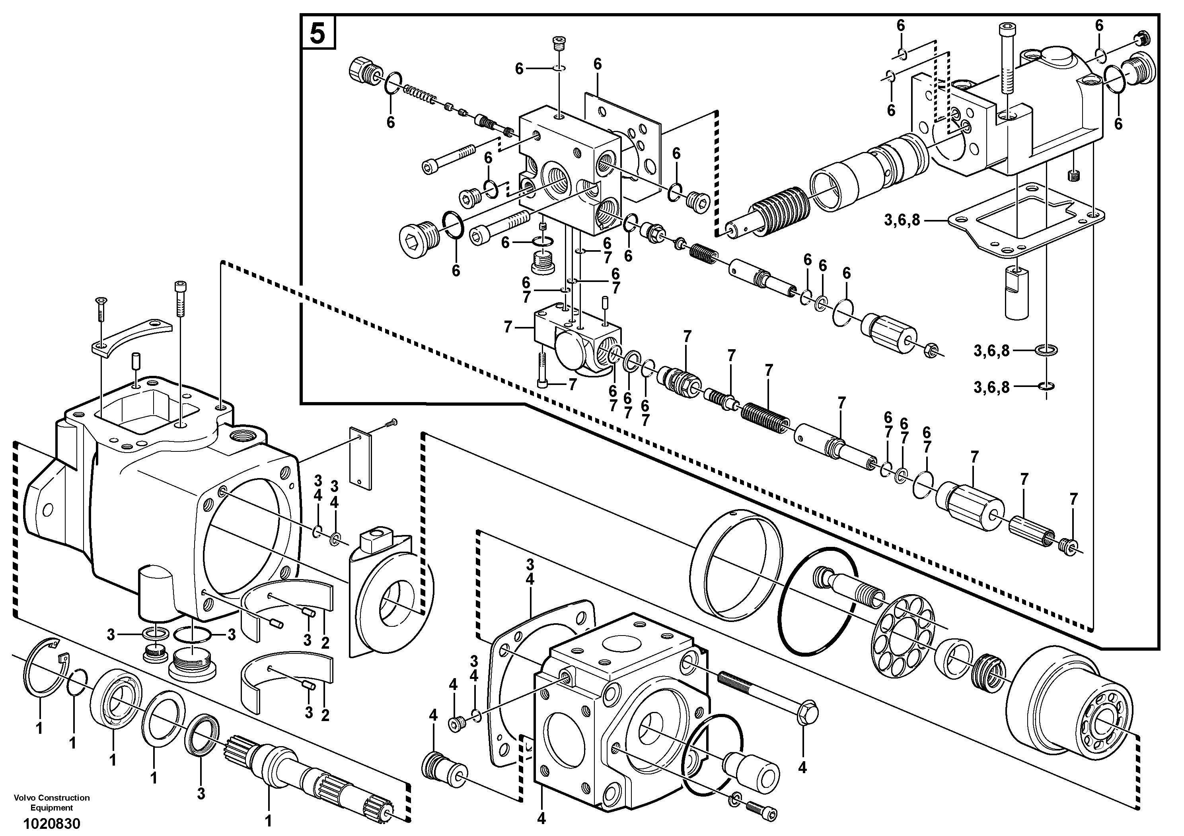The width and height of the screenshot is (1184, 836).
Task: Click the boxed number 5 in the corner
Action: click(x=317, y=33)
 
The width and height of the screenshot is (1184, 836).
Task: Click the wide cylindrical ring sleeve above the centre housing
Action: click(x=735, y=567)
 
